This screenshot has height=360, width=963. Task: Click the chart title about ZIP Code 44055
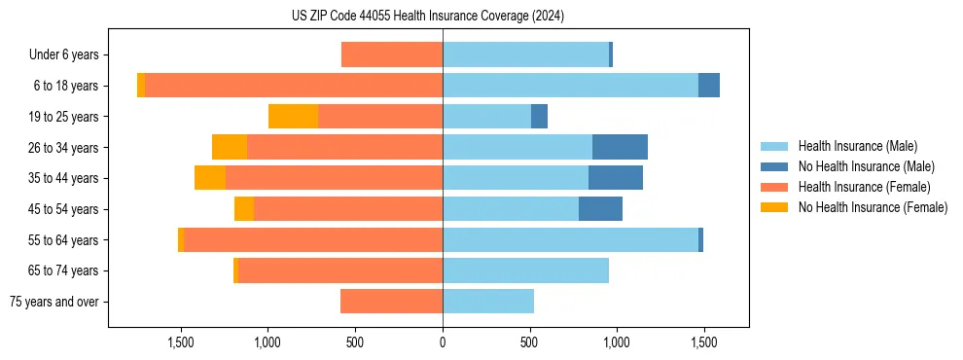(428, 16)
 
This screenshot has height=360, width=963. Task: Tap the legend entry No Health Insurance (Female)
(873, 207)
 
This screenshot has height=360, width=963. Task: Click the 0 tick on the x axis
(443, 342)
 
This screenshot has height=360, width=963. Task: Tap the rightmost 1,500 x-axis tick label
(703, 342)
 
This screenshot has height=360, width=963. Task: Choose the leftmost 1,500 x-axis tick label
(182, 342)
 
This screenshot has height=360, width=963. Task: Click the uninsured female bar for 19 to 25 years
(293, 117)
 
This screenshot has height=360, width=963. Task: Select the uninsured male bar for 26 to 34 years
(620, 147)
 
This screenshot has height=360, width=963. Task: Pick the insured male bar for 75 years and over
(488, 302)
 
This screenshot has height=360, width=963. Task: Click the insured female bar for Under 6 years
(392, 55)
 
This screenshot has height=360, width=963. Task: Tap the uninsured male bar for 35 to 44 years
(616, 178)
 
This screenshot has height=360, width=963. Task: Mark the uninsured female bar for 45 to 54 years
(244, 209)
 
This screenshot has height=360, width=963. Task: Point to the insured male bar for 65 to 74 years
(525, 270)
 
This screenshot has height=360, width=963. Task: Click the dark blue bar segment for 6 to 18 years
(709, 86)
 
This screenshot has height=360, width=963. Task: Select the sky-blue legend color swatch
(775, 146)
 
